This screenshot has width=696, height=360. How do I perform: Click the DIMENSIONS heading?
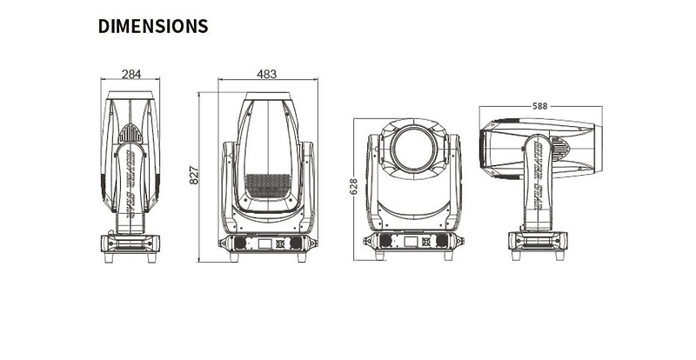tap(153, 26)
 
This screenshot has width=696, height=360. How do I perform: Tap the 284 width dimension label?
tap(130, 75)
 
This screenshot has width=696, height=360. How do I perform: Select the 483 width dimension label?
tap(267, 74)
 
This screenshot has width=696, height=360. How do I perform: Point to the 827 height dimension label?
tap(195, 175)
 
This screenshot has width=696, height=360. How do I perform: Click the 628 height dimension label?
tap(353, 187)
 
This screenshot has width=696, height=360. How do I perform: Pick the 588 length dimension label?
tap(539, 106)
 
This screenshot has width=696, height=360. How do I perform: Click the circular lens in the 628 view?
tap(414, 148)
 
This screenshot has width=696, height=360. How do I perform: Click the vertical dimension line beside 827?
tap(202, 175)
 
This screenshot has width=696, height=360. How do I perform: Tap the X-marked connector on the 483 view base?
tap(280, 243)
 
